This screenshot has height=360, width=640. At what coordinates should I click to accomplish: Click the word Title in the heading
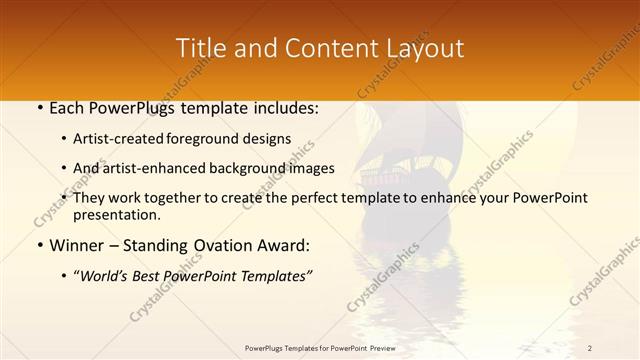(199, 48)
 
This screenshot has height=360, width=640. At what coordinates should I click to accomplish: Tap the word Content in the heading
(308, 48)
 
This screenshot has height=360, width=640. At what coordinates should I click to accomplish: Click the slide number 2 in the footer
(590, 348)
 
